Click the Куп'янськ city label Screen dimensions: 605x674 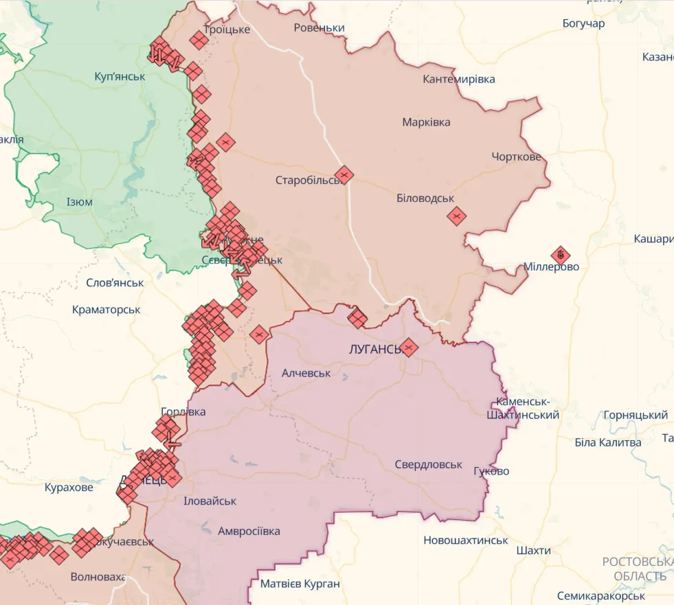click(120, 76)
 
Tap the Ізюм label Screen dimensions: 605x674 click(79, 202)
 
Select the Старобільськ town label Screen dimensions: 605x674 click(307, 181)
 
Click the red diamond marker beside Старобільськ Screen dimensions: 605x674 click(344, 174)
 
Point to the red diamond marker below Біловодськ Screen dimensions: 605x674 click(456, 216)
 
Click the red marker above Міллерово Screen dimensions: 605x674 click(561, 255)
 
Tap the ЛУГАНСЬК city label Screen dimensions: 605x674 click(374, 349)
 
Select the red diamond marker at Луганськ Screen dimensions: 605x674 click(409, 347)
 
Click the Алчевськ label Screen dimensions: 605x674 click(306, 373)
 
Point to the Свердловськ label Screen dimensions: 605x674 click(428, 464)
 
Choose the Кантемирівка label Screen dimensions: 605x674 click(458, 79)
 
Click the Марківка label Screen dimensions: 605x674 click(426, 122)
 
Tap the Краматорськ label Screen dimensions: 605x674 click(106, 310)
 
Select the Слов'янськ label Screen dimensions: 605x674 click(115, 282)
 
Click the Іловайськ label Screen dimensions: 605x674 click(210, 501)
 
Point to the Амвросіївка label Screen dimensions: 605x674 click(249, 531)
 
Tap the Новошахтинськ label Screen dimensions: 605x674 click(465, 540)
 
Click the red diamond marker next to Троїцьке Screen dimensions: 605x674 click(199, 41)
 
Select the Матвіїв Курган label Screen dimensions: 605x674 click(300, 584)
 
